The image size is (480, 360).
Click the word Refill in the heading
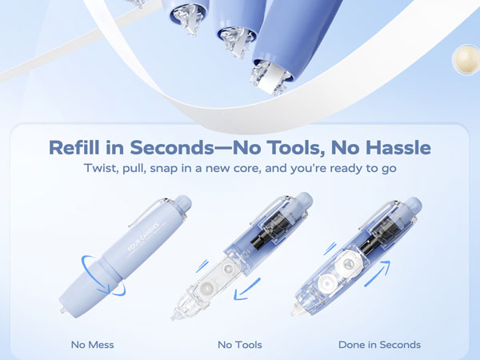pyautogui.click(x=74, y=148)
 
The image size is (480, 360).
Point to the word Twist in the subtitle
pyautogui.click(x=101, y=170)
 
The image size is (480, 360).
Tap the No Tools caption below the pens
pyautogui.click(x=240, y=345)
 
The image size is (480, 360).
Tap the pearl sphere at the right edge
pyautogui.click(x=466, y=58)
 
